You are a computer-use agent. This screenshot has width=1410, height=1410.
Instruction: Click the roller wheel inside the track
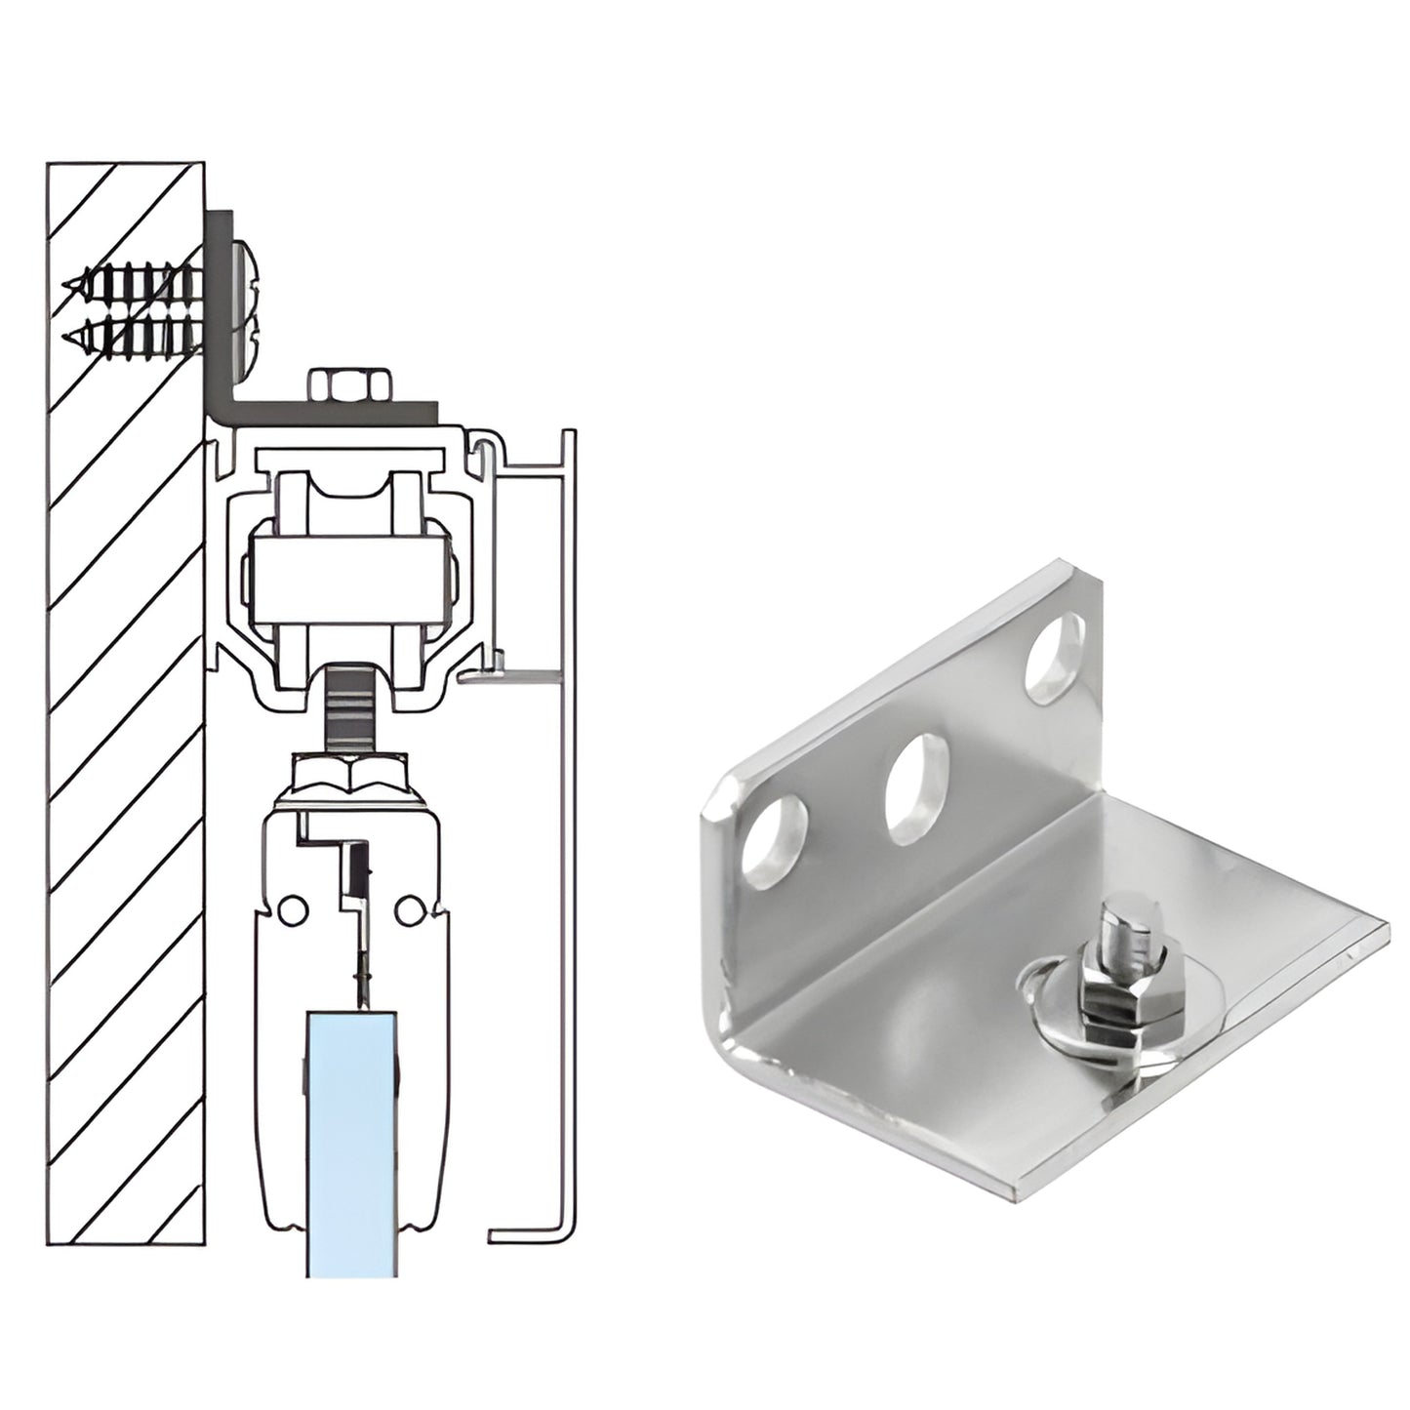351,566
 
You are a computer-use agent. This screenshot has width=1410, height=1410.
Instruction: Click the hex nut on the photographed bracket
1112,999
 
